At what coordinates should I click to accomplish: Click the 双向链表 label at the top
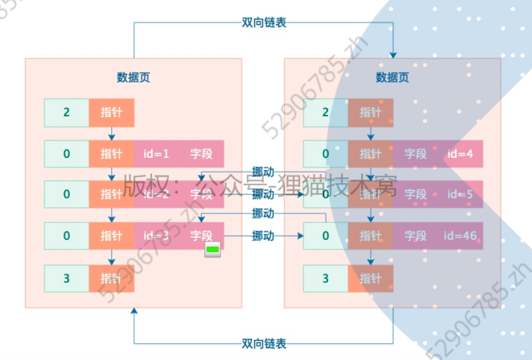(264, 23)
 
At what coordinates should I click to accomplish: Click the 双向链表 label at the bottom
(264, 343)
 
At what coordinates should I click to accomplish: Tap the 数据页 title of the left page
(134, 77)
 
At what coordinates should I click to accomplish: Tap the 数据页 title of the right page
(392, 77)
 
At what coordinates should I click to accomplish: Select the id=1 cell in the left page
(156, 154)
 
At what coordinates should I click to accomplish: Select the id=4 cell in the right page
(460, 154)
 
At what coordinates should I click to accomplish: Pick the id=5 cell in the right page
(460, 194)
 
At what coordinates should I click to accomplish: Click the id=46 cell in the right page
(460, 236)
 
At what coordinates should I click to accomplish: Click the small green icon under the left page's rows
(212, 250)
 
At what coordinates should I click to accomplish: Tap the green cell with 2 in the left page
(67, 112)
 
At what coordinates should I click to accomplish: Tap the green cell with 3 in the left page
(67, 278)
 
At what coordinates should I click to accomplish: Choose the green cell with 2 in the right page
(325, 112)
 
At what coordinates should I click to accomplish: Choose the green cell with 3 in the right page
(325, 278)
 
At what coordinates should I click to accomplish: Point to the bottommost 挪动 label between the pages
(263, 235)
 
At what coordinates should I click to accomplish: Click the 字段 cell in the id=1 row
(201, 154)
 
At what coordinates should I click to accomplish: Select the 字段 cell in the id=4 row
(416, 154)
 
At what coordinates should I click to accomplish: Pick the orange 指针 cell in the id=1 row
(112, 154)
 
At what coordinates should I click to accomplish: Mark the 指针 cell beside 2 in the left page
(112, 112)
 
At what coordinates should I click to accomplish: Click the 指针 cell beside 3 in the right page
(370, 278)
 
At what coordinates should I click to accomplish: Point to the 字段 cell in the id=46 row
(416, 236)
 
